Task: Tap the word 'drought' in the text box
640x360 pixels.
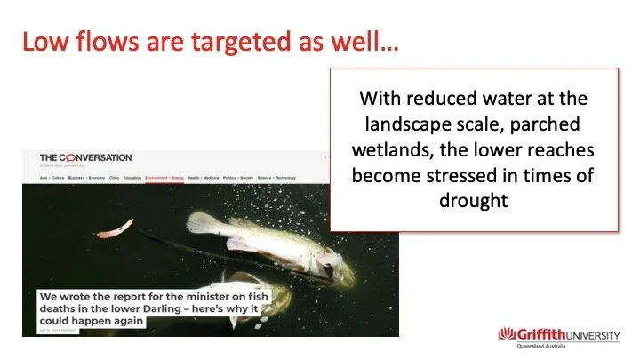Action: [473, 201]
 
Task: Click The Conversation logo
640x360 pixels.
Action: [84, 157]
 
